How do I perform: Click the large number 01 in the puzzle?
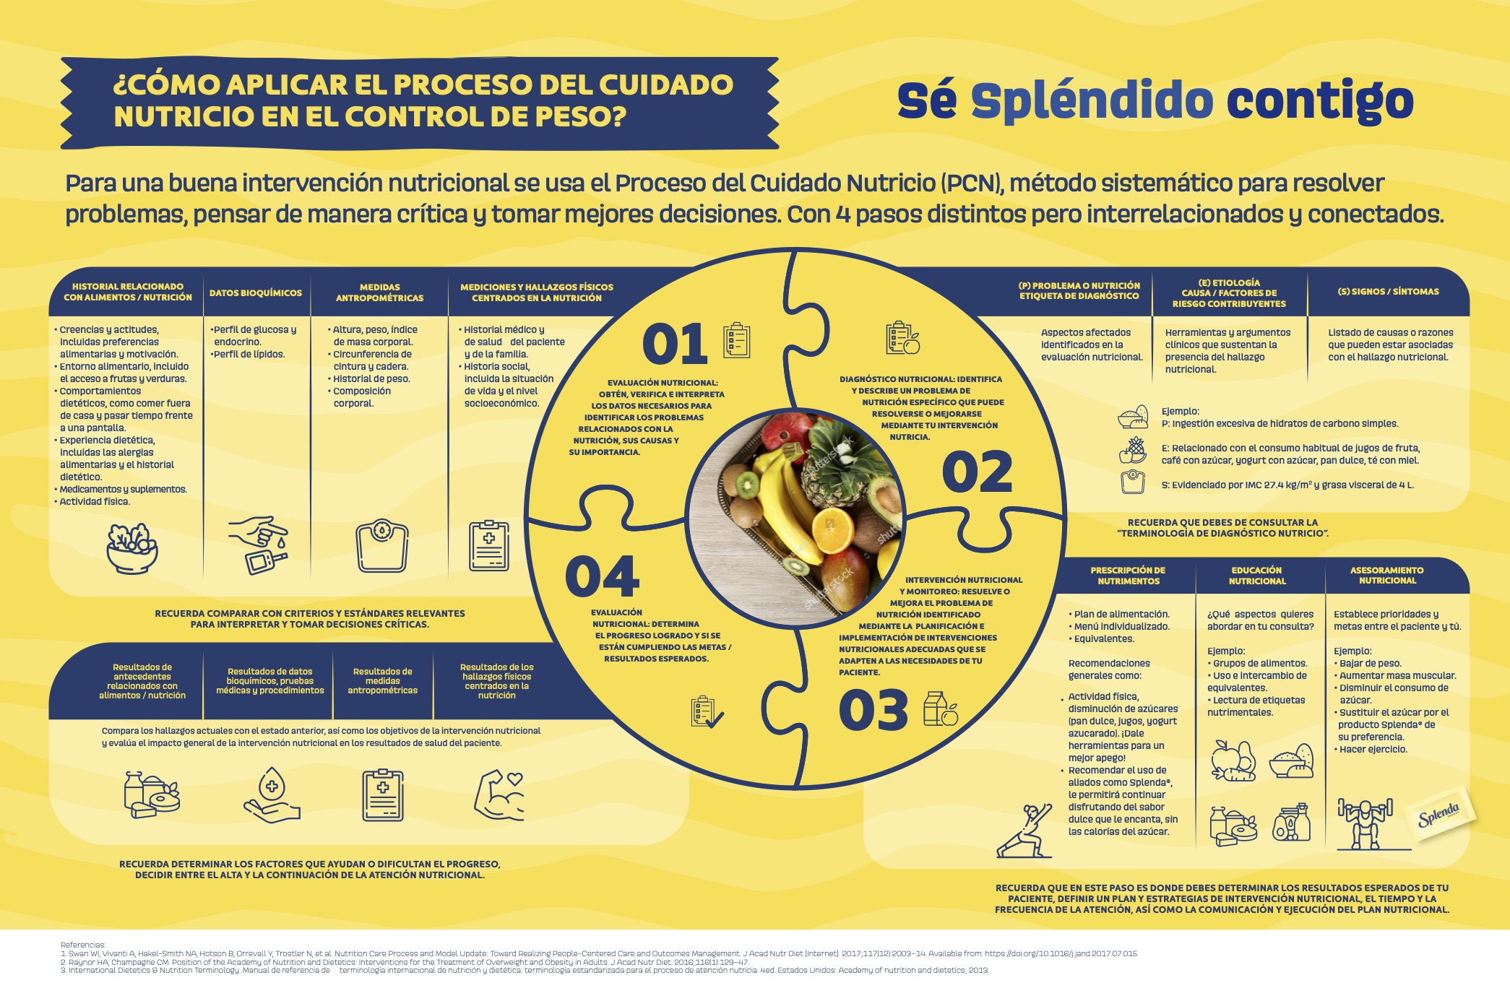pos(674,344)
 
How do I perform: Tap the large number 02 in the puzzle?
pos(977,472)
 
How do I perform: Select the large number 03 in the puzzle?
pos(873,709)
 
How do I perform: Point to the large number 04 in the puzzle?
pos(602,576)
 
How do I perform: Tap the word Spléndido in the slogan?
pos(1092,101)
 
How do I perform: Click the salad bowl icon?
pos(132,548)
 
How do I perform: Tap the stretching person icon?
pos(1024,830)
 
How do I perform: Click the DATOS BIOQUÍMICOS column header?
pos(256,293)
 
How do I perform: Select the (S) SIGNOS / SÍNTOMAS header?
pos(1388,292)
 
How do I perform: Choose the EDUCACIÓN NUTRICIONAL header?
pos(1257,576)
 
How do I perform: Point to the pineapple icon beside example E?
pos(1133,450)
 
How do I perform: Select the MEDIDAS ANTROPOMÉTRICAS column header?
pos(379,292)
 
